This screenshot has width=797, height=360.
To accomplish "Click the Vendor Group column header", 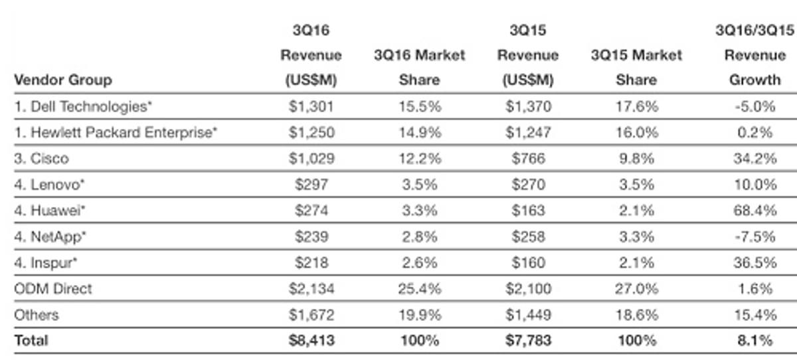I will (x=62, y=80).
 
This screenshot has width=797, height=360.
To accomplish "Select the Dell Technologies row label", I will (x=84, y=106).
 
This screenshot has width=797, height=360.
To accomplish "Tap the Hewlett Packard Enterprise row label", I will (x=116, y=132).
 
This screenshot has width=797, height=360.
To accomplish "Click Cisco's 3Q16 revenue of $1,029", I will (x=311, y=159).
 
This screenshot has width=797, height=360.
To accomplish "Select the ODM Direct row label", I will (x=53, y=289).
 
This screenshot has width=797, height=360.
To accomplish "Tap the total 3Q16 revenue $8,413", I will (x=311, y=341).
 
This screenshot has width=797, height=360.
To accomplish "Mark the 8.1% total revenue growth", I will (x=754, y=341).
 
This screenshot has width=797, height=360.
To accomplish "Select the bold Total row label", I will (x=31, y=341).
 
